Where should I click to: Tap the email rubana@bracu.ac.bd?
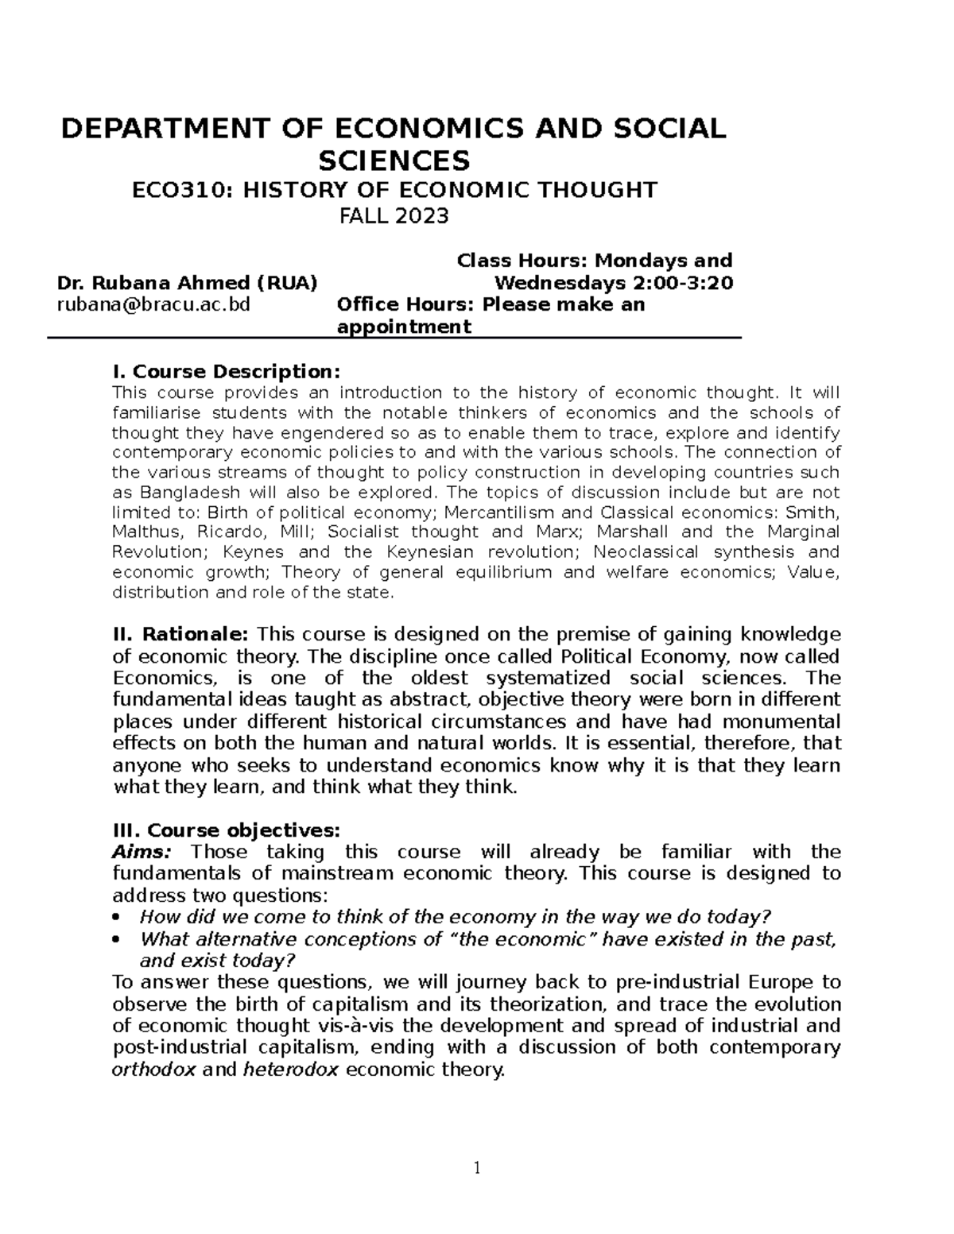tap(153, 305)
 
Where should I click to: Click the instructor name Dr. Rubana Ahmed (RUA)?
tap(188, 283)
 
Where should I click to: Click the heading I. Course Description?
tap(227, 372)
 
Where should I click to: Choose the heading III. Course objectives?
tap(227, 830)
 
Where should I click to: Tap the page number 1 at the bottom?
tap(477, 1167)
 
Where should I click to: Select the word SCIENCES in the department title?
tap(394, 161)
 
